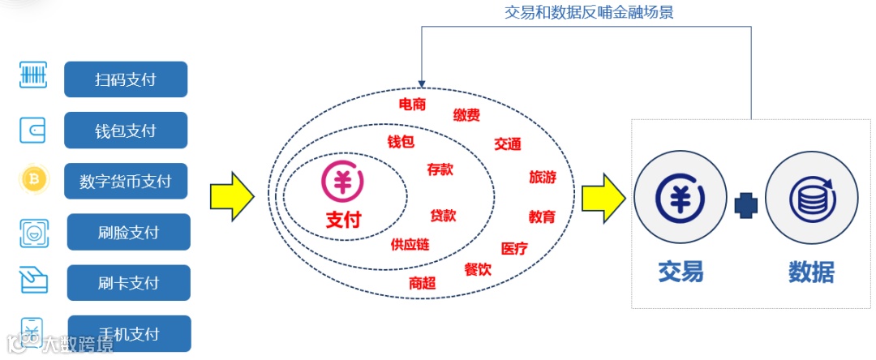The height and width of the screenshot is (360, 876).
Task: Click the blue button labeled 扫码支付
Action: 126,79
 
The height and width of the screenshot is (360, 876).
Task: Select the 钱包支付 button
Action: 126,131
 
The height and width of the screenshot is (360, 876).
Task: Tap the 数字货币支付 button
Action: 126,181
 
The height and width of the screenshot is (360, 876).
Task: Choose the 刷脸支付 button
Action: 128,232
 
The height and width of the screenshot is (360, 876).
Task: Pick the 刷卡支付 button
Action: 128,283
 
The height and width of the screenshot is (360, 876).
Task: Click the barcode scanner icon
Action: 33,76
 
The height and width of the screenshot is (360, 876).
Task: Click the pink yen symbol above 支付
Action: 342,182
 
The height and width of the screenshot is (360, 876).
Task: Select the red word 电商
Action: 412,104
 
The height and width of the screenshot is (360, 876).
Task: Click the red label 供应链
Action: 410,244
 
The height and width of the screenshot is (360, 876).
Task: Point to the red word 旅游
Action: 543,177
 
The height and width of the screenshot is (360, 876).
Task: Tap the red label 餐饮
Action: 478,269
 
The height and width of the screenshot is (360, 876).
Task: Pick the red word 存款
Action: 440,169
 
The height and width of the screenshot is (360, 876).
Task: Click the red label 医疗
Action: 514,248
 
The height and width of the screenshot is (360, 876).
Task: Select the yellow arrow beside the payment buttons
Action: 232,196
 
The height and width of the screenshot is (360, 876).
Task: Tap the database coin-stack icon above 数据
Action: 811,198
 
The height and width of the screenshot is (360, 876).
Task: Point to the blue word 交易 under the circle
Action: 680,272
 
